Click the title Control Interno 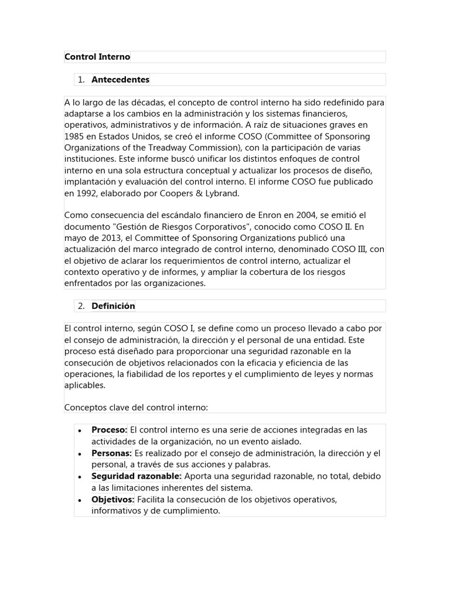pos(97,57)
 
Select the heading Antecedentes pos(120,79)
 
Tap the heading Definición pos(113,306)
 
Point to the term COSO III pos(350,250)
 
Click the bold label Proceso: pos(110,430)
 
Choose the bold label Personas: pos(111,453)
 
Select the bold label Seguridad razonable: pos(137,476)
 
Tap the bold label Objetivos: pos(113,499)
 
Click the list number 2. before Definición pos(81,306)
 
